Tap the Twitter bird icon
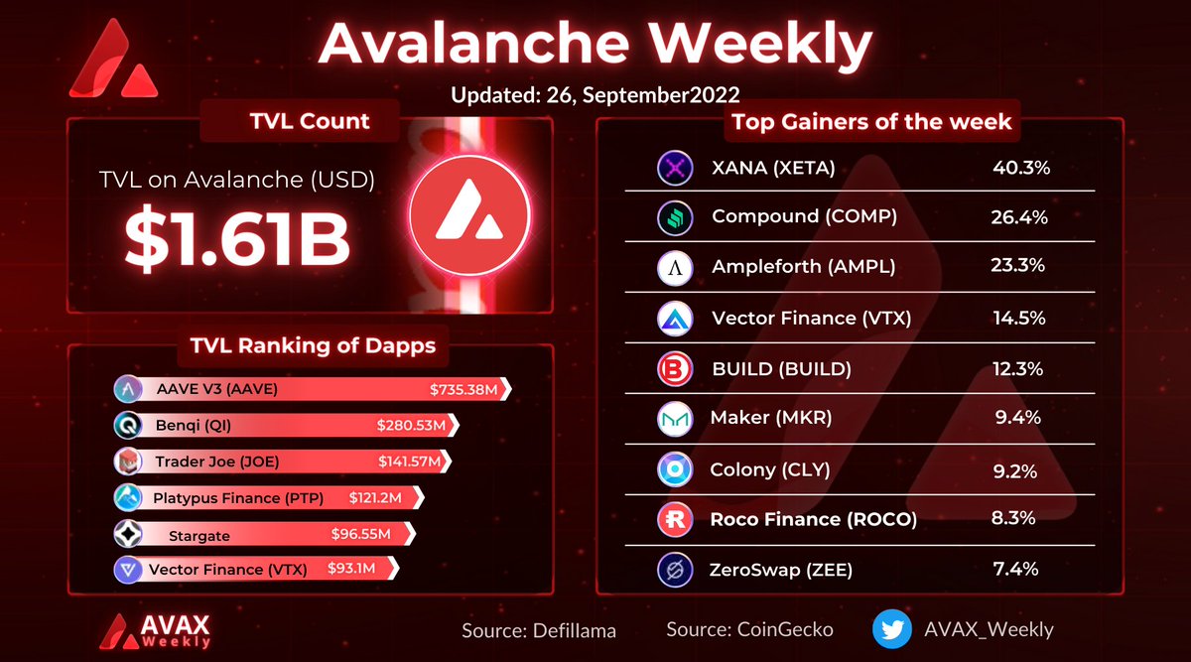[x=892, y=629]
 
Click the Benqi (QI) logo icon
[x=131, y=426]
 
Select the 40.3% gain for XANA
[x=1021, y=167]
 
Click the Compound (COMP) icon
[x=675, y=217]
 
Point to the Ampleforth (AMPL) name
[x=803, y=267]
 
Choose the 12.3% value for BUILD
[x=1017, y=369]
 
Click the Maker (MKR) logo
[x=675, y=419]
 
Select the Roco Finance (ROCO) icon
[x=675, y=519]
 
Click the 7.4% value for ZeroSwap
[x=1017, y=570]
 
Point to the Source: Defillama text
[x=539, y=630]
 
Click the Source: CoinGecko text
[x=749, y=630]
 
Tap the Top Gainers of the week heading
[x=871, y=122]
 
